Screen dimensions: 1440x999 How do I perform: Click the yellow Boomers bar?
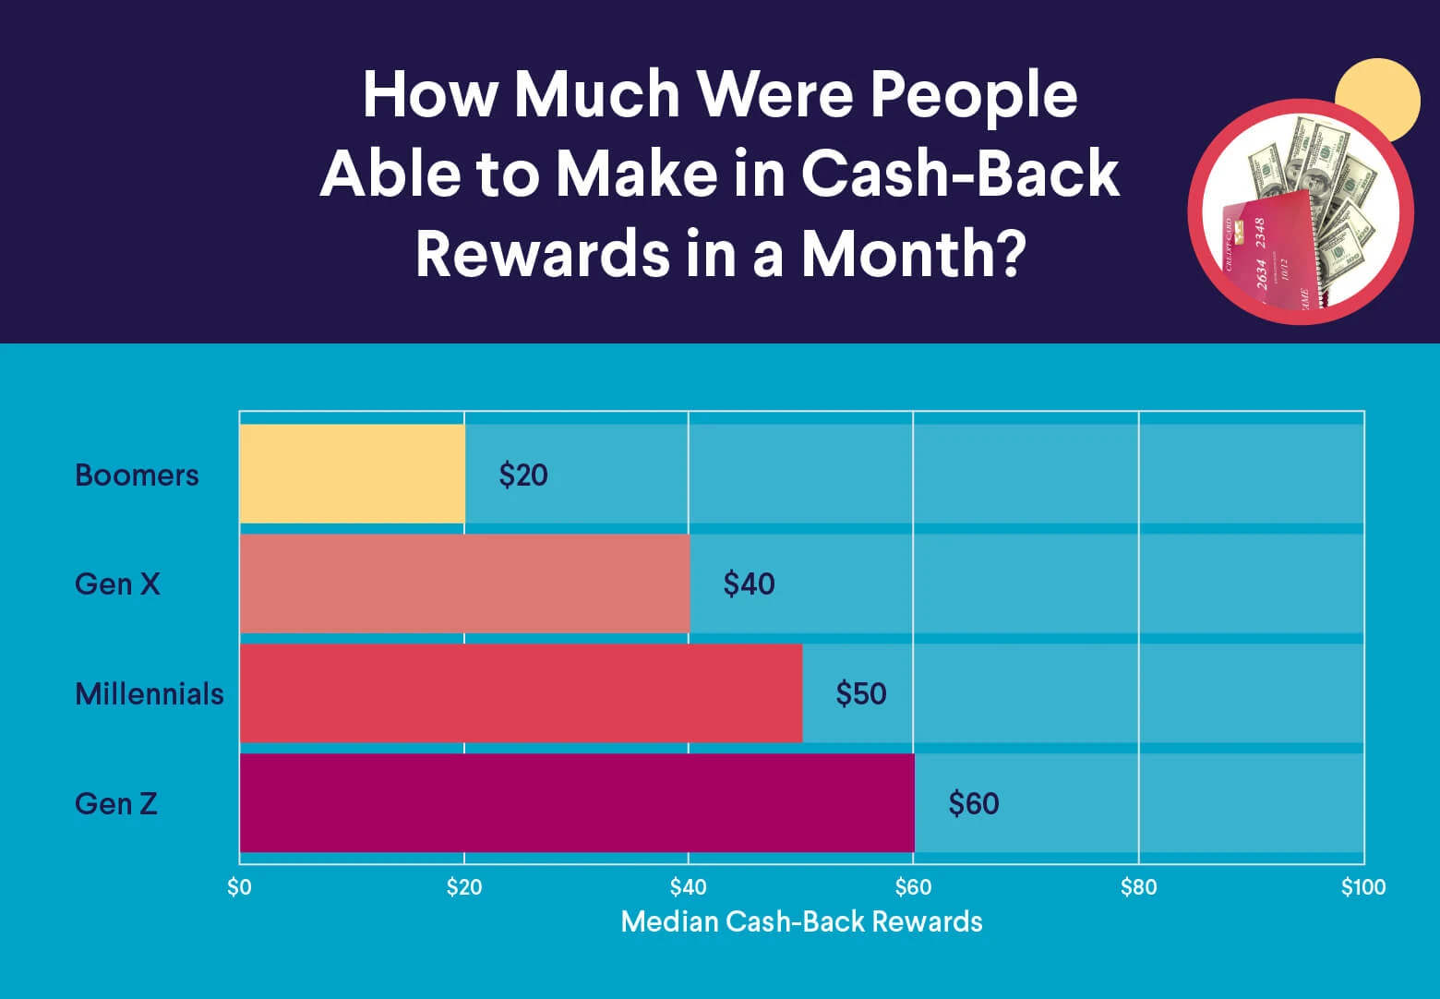point(353,474)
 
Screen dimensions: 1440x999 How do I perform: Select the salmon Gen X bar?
point(465,584)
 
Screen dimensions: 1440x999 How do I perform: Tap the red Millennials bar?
point(521,693)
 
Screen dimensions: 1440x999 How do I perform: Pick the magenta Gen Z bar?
point(577,803)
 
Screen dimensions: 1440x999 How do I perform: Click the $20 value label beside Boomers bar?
point(523,475)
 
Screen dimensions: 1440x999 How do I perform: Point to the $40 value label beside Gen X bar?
point(749,584)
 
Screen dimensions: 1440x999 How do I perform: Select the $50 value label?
point(861,694)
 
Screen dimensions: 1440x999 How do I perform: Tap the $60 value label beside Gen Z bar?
point(974,803)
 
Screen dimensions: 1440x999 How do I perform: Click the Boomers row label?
point(137,475)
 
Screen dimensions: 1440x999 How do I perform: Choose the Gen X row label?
point(117,584)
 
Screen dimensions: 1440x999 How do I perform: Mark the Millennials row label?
point(150,694)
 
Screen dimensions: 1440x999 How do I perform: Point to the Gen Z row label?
point(116,803)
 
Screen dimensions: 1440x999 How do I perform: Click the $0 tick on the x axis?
point(239,888)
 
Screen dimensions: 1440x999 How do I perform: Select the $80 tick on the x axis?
point(1138,888)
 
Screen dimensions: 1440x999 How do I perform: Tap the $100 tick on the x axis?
point(1363,888)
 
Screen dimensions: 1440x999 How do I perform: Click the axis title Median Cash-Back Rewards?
point(801,921)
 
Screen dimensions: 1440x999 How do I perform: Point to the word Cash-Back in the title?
point(960,173)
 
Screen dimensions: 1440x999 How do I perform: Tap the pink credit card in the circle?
point(1269,252)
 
